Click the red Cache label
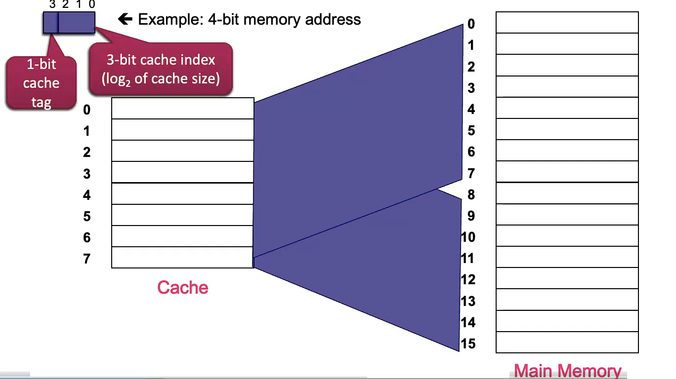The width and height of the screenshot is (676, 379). (x=182, y=287)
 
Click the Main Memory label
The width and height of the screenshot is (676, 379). (x=567, y=371)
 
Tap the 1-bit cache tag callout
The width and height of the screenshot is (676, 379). (x=41, y=83)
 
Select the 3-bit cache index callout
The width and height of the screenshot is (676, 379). (x=161, y=69)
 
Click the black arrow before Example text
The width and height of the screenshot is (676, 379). (x=126, y=19)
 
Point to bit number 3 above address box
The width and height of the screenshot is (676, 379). (x=52, y=4)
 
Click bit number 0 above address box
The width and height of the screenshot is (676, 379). (x=91, y=4)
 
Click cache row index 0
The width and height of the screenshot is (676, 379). (x=87, y=110)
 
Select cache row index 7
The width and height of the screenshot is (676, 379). (x=87, y=259)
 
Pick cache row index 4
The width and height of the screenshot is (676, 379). (x=87, y=195)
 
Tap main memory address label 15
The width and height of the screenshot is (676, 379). (x=468, y=343)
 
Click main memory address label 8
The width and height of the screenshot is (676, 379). (x=471, y=194)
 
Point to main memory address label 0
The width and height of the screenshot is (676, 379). (x=471, y=24)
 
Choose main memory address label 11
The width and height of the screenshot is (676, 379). (x=468, y=258)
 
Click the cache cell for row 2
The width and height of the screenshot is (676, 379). (x=182, y=151)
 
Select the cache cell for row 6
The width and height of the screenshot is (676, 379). (x=182, y=236)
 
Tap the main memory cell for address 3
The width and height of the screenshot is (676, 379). (x=567, y=87)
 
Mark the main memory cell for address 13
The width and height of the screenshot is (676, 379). (x=567, y=300)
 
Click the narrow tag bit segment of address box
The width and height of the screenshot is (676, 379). (x=50, y=23)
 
